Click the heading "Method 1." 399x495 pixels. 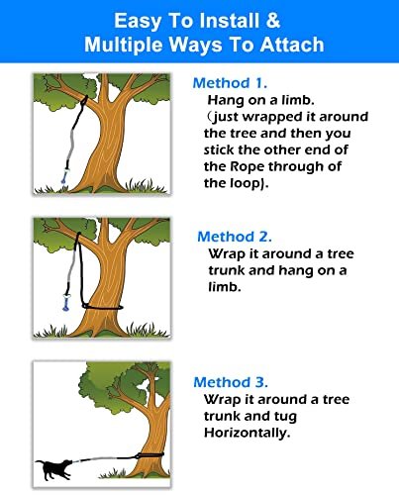pos(230,83)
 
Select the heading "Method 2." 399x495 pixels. pos(235,237)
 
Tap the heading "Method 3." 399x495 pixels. pos(231,382)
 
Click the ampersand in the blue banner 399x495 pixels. pos(272,21)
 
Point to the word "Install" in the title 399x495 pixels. pos(229,21)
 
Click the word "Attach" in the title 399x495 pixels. pos(292,45)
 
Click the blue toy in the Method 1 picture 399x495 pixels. pos(63,175)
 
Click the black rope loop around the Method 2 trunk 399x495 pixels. pos(102,308)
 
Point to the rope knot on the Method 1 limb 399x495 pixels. pos(84,100)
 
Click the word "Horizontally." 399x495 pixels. pos(248,433)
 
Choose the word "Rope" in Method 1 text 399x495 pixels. pos(248,167)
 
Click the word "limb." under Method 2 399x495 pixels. pos(225,286)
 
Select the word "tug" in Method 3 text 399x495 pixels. pos(284,417)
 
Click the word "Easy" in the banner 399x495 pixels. pos(139,21)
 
